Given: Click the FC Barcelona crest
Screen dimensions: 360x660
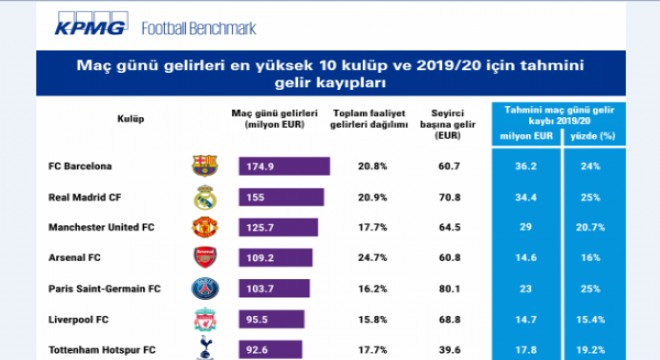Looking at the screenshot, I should [205, 166].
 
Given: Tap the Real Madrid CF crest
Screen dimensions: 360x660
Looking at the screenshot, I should [205, 197].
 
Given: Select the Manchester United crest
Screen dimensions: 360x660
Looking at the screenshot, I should [205, 228].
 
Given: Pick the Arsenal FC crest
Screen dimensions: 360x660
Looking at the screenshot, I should [205, 259].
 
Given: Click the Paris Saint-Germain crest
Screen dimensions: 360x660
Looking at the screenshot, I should [205, 290].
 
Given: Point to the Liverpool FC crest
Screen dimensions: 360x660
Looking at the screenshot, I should [205, 321].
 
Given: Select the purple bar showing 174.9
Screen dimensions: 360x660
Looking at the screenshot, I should [284, 166].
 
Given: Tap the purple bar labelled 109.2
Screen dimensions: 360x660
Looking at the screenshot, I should [268, 259].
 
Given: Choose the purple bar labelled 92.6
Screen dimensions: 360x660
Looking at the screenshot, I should [264, 351].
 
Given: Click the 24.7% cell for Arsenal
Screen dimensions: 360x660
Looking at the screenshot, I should [373, 259].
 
